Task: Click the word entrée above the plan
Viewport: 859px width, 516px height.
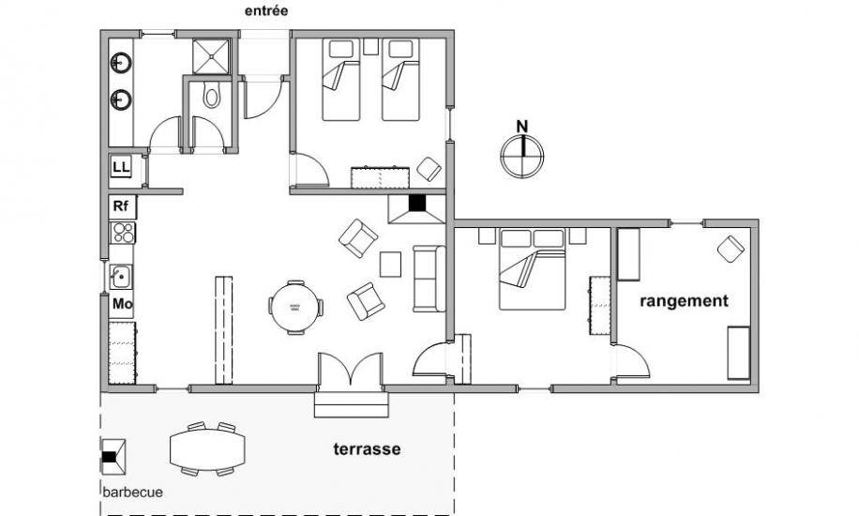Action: tap(265, 10)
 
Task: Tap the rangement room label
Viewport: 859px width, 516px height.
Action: tap(685, 301)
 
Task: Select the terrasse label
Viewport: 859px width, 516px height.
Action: tap(367, 449)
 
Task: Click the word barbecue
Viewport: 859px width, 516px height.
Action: tap(132, 492)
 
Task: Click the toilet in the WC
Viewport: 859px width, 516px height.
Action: tap(211, 95)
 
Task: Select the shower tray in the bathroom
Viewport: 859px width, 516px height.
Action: tap(211, 56)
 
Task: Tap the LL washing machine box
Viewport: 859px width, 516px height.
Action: tap(122, 167)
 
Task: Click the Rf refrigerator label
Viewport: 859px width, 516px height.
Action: tap(121, 206)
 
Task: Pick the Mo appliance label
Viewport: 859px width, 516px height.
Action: tap(122, 303)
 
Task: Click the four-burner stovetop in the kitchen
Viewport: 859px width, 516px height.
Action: tap(123, 233)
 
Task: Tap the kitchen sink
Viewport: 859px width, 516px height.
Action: tap(121, 277)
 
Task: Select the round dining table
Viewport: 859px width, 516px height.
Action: tap(295, 307)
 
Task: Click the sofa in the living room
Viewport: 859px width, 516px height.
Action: tap(429, 279)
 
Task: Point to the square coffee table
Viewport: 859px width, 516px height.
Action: tap(391, 265)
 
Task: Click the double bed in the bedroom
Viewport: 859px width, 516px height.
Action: tap(532, 269)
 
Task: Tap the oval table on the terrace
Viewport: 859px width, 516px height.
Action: tap(207, 449)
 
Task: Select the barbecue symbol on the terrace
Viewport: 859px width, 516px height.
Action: tap(113, 457)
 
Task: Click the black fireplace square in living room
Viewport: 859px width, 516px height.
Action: tap(417, 203)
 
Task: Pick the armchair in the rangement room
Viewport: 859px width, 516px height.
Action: tap(731, 249)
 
